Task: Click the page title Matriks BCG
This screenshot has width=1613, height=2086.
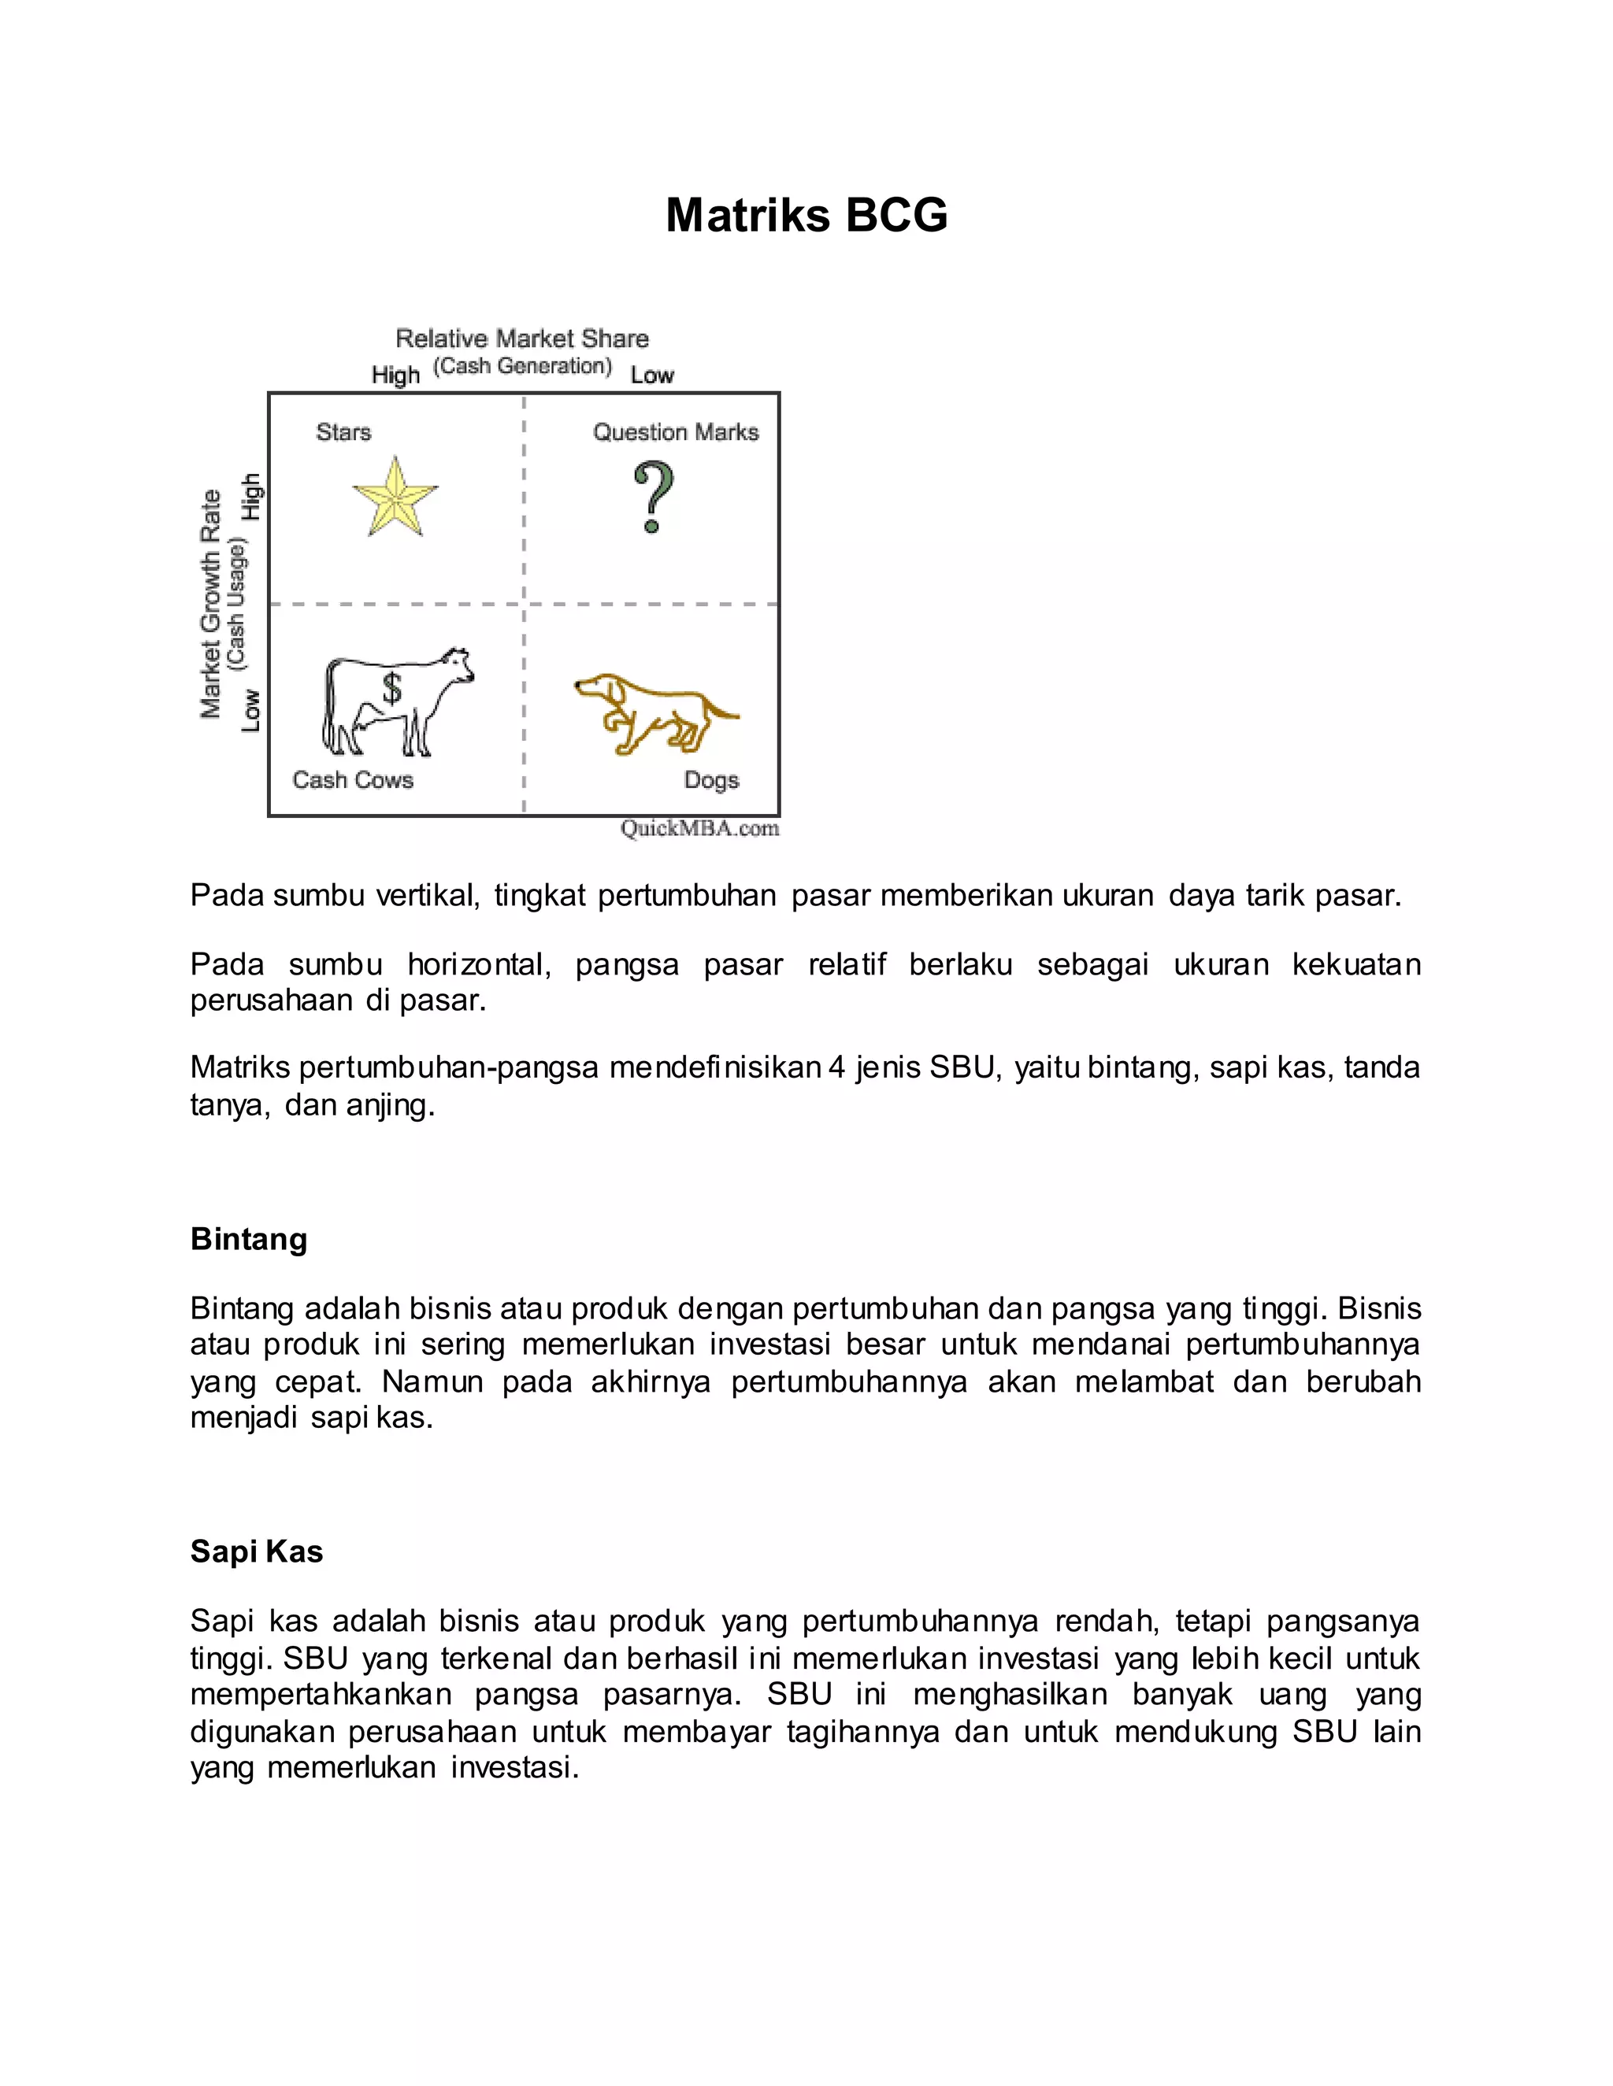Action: [x=806, y=215]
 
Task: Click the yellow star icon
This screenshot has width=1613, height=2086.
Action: [x=395, y=497]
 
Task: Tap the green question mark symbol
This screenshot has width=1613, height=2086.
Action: [x=654, y=497]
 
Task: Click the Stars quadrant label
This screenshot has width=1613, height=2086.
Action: [x=343, y=433]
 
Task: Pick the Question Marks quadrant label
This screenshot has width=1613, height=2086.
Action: [x=676, y=433]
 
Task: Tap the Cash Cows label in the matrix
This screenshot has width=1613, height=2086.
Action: [x=353, y=780]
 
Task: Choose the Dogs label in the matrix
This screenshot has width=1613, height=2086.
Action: [x=711, y=780]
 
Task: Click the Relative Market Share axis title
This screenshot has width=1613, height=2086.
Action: [x=521, y=339]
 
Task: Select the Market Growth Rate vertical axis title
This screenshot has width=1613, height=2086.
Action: [x=210, y=604]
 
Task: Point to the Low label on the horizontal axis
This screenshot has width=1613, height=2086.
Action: [x=651, y=376]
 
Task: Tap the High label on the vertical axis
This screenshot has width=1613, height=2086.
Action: [x=250, y=497]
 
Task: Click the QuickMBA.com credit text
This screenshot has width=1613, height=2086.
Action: [x=699, y=828]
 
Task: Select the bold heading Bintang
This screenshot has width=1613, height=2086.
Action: [x=248, y=1239]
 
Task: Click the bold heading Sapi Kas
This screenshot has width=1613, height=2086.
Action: [x=256, y=1552]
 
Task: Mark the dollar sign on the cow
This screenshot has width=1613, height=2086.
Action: [x=391, y=688]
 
